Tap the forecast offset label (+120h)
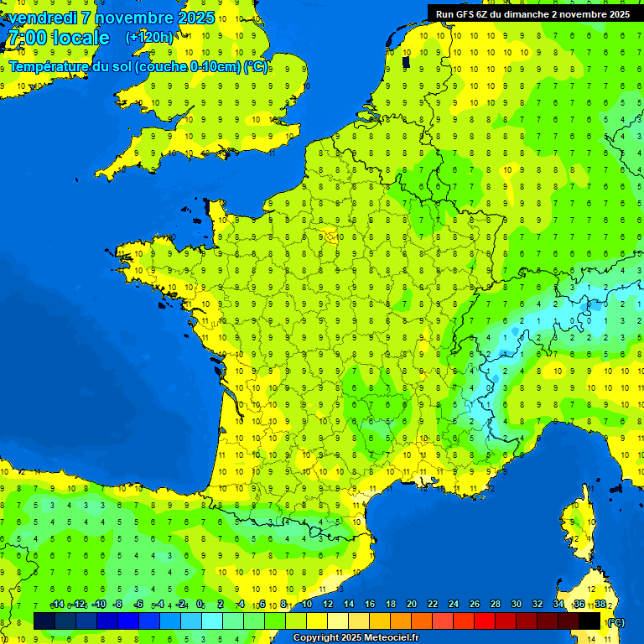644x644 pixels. (x=149, y=37)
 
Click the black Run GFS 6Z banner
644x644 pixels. (x=533, y=13)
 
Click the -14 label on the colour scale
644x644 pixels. (x=57, y=605)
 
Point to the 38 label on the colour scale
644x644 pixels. (x=600, y=605)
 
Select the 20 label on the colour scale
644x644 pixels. (x=412, y=605)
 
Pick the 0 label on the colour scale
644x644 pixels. (x=200, y=605)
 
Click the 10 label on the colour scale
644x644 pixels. (x=307, y=605)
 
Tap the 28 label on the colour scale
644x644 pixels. (x=495, y=605)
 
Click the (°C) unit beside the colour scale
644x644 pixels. (x=616, y=621)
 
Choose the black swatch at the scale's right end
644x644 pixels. (x=589, y=621)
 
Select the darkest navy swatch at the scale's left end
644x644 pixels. (x=44, y=621)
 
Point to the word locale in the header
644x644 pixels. (x=80, y=38)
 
